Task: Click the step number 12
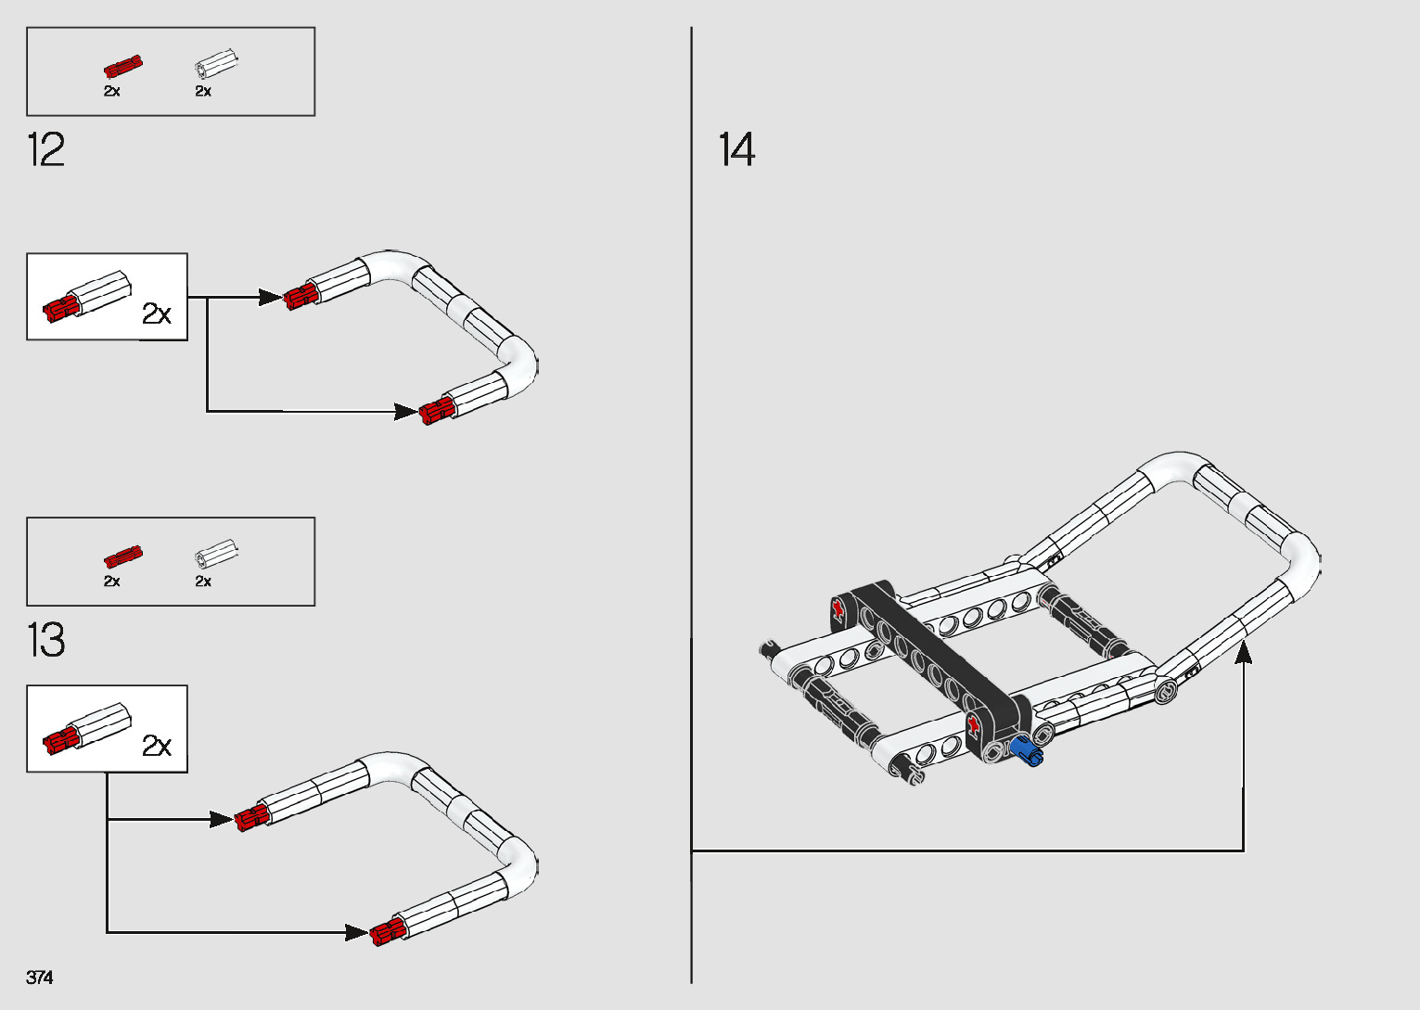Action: pyautogui.click(x=46, y=150)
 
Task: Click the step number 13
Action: pyautogui.click(x=46, y=640)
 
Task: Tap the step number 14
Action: pyautogui.click(x=737, y=150)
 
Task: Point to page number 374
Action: pyautogui.click(x=40, y=978)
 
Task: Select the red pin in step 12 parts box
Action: pyautogui.click(x=122, y=67)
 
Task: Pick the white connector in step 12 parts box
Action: pyautogui.click(x=216, y=65)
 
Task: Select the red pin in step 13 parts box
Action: pyautogui.click(x=122, y=556)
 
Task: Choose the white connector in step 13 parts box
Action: pyautogui.click(x=216, y=555)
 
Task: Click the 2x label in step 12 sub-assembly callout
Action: pyautogui.click(x=157, y=314)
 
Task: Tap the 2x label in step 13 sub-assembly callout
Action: pyautogui.click(x=157, y=746)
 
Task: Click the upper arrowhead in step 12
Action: pyautogui.click(x=271, y=298)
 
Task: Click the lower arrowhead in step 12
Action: pyautogui.click(x=406, y=411)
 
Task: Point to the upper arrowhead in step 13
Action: pyautogui.click(x=221, y=819)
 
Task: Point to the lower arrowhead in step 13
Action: pyautogui.click(x=357, y=932)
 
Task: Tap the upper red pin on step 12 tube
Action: pyautogui.click(x=301, y=297)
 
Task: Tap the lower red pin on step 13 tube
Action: pyautogui.click(x=387, y=932)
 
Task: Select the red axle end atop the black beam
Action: pyautogui.click(x=838, y=608)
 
